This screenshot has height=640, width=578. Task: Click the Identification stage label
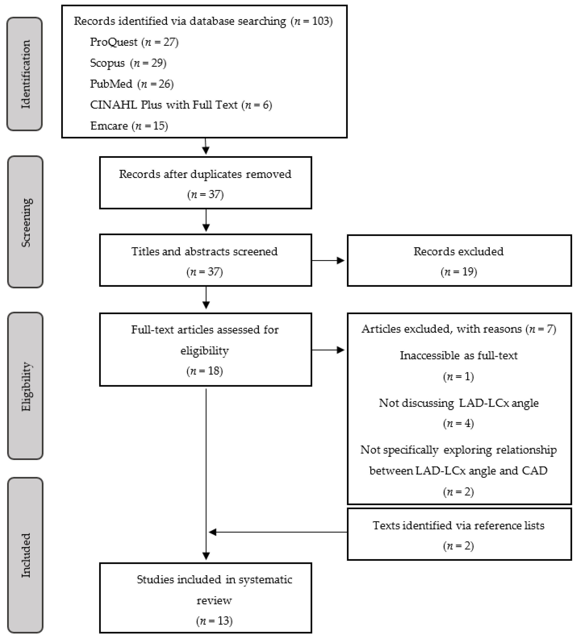25,74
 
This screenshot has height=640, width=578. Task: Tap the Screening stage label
25,222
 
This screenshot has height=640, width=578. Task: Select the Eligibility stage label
25,386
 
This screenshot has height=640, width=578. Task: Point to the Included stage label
25,555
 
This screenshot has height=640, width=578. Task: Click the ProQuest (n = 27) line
134,42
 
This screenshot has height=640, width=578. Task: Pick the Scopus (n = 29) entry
128,63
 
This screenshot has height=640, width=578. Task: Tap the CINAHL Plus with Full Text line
181,105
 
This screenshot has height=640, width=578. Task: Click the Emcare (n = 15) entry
129,126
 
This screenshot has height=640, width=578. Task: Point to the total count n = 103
312,21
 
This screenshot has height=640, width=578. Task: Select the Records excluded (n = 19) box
459,261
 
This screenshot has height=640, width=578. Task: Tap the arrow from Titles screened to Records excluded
329,261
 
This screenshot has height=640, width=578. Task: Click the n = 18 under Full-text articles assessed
205,371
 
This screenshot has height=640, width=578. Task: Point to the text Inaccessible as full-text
458,356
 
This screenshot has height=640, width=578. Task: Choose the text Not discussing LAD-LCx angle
459,403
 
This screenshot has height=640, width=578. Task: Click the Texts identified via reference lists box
459,535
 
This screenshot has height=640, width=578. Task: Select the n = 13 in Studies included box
214,621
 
